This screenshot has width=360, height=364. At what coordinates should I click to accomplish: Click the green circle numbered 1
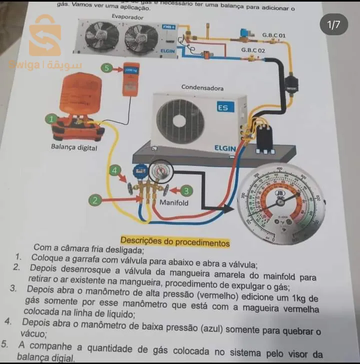click(x=51, y=119)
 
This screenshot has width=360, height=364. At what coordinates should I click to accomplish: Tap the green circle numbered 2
click(x=95, y=200)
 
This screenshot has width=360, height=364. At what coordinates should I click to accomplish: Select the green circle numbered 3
click(x=186, y=191)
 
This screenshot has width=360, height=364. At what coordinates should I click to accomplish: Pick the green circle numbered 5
click(x=107, y=68)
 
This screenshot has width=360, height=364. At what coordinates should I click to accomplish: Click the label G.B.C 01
click(x=274, y=36)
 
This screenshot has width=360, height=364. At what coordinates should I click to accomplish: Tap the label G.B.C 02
click(x=253, y=50)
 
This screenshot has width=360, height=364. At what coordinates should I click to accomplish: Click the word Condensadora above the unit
click(x=202, y=88)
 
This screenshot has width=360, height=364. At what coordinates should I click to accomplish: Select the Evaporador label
click(x=127, y=17)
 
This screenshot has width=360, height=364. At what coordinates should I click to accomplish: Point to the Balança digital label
click(x=74, y=147)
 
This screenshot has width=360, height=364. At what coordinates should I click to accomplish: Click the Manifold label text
click(x=174, y=203)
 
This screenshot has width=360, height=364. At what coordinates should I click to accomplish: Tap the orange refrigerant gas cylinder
click(x=80, y=94)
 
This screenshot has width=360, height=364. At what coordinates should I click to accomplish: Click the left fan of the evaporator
click(x=102, y=37)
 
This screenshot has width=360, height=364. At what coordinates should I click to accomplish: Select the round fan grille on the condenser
click(x=180, y=121)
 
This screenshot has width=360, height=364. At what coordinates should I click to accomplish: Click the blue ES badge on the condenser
click(x=225, y=107)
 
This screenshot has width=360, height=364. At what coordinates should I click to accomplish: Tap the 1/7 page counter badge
click(x=333, y=24)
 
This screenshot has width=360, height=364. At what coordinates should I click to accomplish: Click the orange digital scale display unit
click(x=131, y=80)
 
